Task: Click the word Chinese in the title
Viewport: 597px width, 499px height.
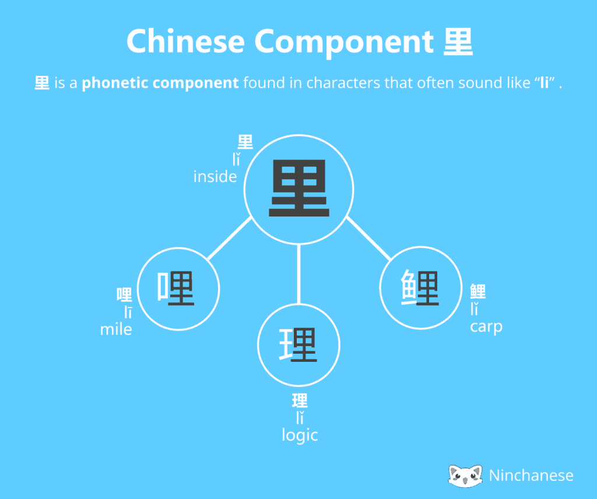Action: point(185,41)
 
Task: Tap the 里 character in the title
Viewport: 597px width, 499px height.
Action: point(458,41)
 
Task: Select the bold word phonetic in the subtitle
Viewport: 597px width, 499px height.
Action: point(114,83)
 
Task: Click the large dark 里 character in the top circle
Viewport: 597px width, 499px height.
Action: point(299,189)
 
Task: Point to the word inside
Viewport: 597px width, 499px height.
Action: point(215,176)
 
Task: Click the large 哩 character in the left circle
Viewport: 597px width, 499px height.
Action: point(176,288)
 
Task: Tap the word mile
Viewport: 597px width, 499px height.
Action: point(116,329)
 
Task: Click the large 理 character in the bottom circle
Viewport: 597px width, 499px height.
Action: point(298,344)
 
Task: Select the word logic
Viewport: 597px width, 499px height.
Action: point(300,435)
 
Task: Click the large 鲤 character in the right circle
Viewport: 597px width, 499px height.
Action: point(420,287)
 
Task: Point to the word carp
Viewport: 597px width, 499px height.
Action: point(486,327)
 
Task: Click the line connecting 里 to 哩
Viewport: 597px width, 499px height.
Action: point(230,238)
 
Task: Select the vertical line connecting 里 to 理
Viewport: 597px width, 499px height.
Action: point(299,274)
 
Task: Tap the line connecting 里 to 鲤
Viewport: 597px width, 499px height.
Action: point(369,239)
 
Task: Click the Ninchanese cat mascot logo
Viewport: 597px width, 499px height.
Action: point(465,476)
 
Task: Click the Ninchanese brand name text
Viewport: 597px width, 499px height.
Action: point(531,476)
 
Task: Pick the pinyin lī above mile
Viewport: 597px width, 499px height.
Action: point(128,312)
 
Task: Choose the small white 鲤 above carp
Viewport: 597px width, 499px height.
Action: point(478,291)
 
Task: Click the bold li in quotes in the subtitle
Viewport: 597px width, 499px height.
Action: point(545,83)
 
